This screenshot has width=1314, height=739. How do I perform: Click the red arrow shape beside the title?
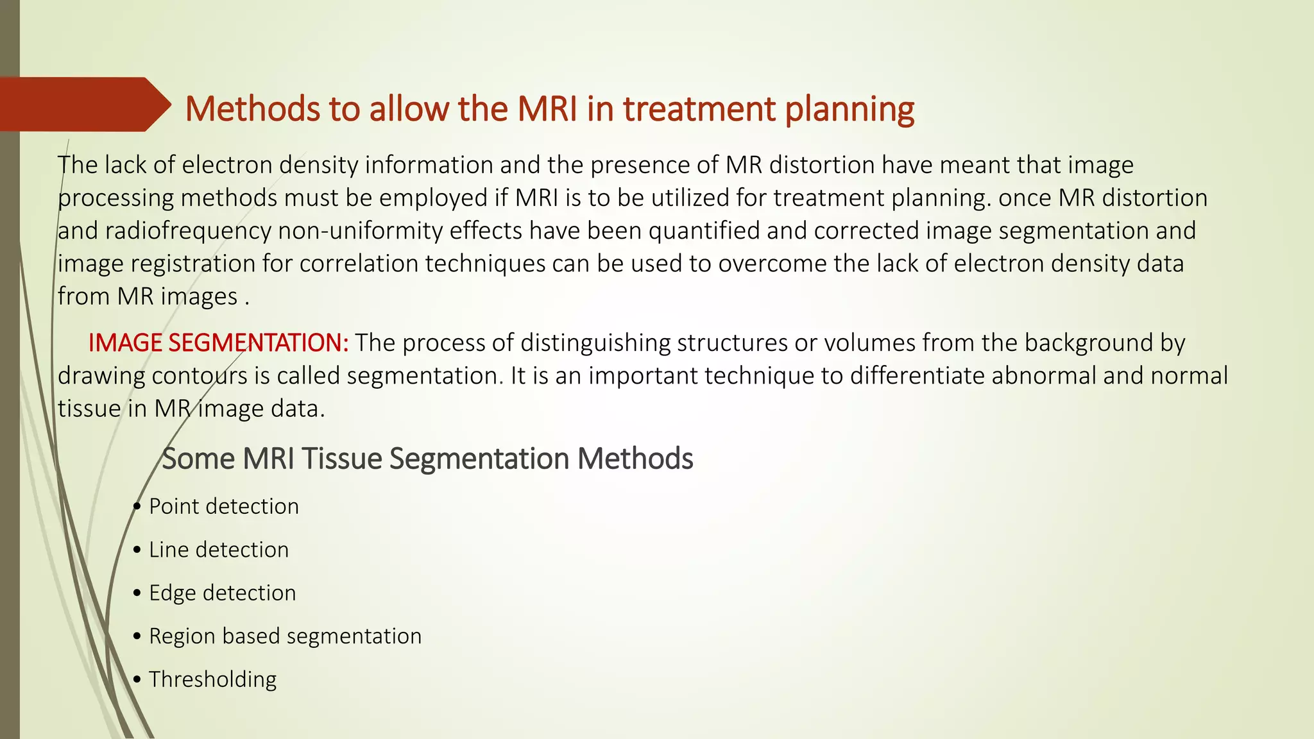coord(83,105)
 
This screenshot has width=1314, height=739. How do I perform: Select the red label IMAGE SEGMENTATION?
coord(218,343)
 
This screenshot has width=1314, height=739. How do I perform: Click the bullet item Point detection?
coord(223,507)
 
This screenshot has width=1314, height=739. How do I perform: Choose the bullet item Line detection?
coord(218,550)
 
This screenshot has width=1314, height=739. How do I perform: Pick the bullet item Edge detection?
coord(222,593)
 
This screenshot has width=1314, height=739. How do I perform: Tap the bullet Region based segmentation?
coord(285,636)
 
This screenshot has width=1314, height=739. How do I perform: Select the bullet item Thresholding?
coord(212,679)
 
